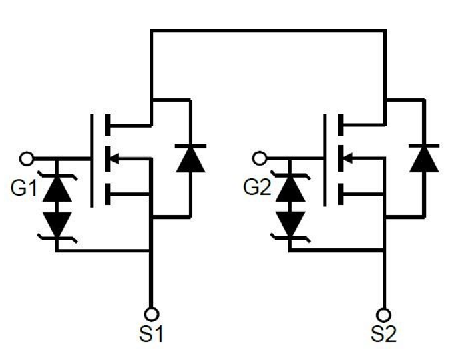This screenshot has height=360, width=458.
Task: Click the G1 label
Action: (24, 189)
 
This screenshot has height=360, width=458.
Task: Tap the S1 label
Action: (152, 334)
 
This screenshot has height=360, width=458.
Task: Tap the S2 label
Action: (384, 334)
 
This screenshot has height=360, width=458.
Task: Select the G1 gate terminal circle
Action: (26, 158)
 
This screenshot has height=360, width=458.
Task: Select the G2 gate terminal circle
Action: (260, 158)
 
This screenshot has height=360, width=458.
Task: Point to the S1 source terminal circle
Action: (152, 312)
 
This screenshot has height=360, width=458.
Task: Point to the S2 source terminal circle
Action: (384, 312)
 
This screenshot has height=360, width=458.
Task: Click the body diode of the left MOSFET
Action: (190, 158)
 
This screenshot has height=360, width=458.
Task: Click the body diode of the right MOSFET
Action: (423, 158)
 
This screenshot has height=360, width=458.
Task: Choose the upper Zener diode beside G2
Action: (290, 190)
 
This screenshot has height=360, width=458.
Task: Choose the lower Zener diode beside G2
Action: (290, 221)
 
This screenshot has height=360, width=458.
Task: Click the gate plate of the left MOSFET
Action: (91, 159)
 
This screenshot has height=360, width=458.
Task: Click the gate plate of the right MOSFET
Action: (324, 159)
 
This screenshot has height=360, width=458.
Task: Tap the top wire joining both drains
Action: (267, 29)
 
